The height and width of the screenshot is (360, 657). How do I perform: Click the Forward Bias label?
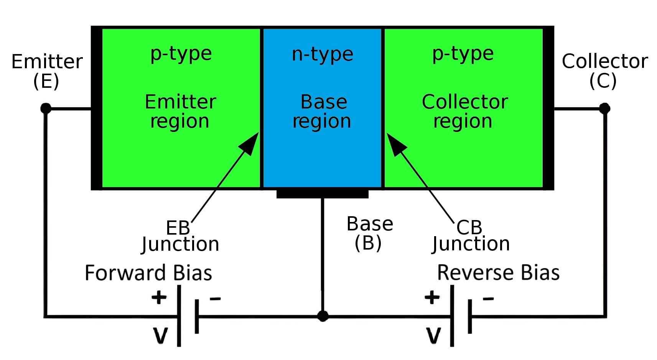(x=148, y=273)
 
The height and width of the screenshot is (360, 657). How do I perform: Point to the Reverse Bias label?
(x=498, y=273)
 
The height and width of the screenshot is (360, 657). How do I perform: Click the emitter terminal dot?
(x=46, y=108)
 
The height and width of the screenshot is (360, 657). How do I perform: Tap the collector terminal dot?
(x=604, y=108)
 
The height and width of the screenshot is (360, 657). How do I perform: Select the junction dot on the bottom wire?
(x=323, y=316)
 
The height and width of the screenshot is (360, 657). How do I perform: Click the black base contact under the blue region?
(x=322, y=194)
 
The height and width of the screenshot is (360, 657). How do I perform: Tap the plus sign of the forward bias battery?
(x=159, y=297)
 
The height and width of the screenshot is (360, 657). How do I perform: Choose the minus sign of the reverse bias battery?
(x=488, y=299)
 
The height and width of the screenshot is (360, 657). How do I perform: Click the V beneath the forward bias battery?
(x=161, y=335)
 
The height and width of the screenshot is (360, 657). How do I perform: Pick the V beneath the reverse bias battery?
(x=433, y=335)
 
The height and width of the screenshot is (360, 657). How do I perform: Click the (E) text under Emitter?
(x=46, y=81)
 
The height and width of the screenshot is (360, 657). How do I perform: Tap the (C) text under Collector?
(x=603, y=81)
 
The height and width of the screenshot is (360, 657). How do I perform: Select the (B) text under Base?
(x=368, y=243)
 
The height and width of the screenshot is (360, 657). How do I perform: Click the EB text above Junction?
(x=178, y=228)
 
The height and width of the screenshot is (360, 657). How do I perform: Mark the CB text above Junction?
(x=469, y=227)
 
